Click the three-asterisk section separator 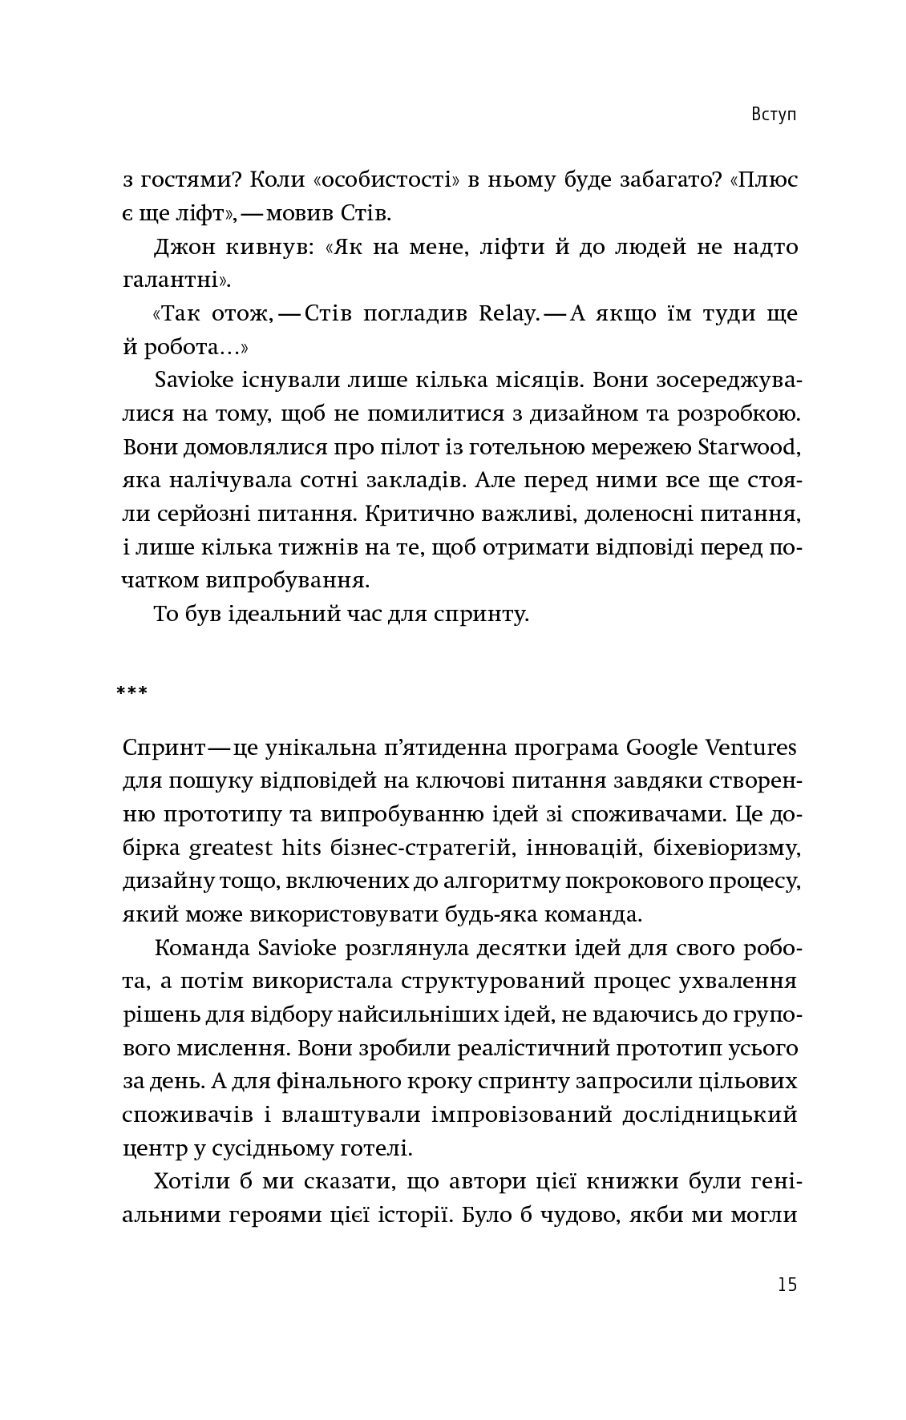(132, 691)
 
